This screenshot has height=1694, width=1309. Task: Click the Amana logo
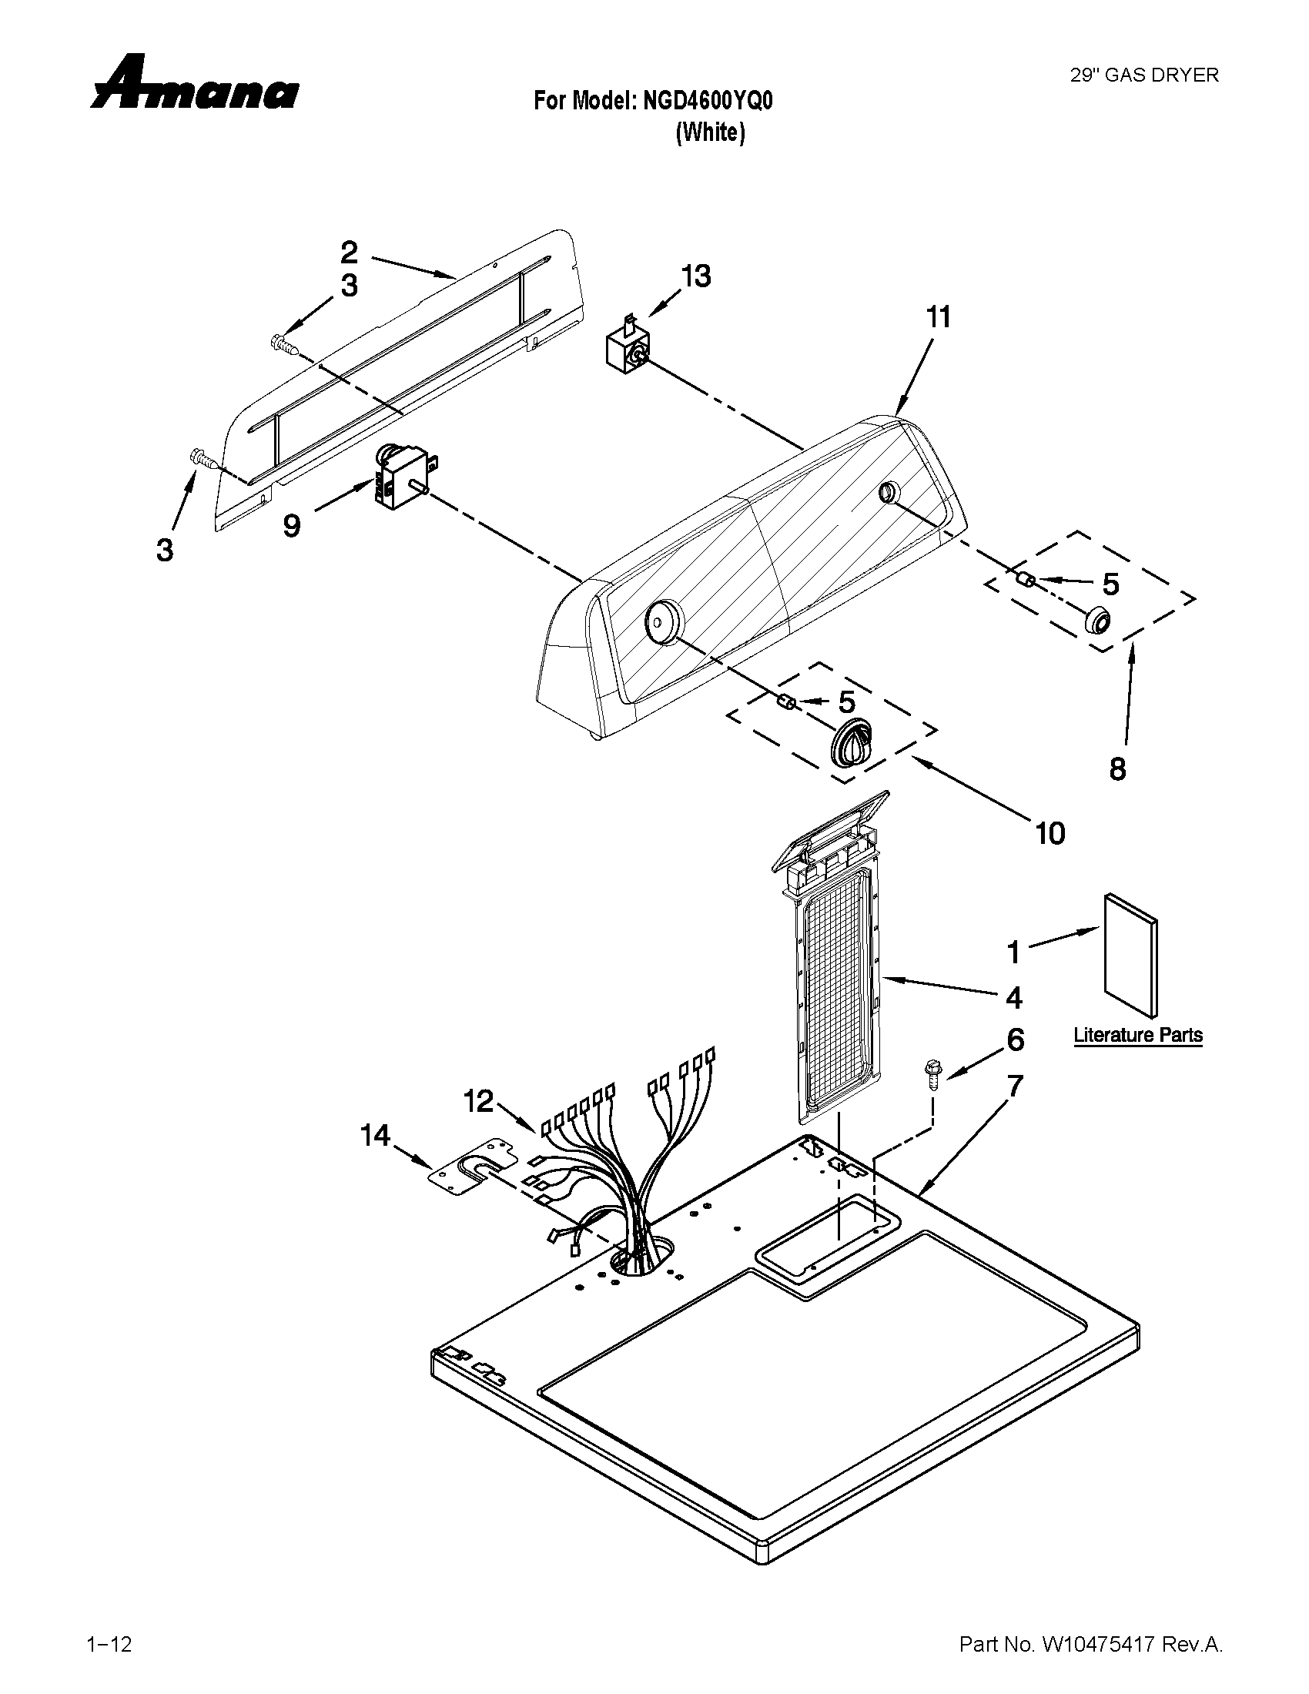coord(193,83)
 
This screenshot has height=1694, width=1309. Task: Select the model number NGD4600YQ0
coord(707,102)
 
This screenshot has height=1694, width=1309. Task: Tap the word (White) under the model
coord(711,132)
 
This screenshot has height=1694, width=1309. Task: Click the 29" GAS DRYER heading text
coord(1143,75)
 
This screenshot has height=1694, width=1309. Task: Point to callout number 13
coord(696,276)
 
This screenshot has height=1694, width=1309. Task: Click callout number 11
coord(938,317)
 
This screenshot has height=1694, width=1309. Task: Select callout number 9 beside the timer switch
coord(292,526)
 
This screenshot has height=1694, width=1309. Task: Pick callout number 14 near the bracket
coord(375,1136)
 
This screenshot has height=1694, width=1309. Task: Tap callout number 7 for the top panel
coord(1014,1086)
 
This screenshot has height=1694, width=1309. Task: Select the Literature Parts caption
coord(1137,1035)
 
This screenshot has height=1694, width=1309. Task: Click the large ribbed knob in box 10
coord(852,742)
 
